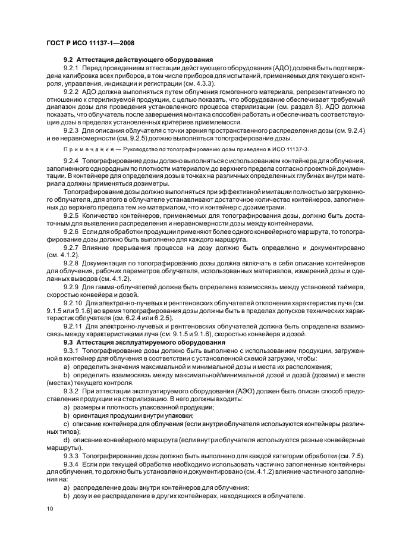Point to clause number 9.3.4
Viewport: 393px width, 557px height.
point(73,464)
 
